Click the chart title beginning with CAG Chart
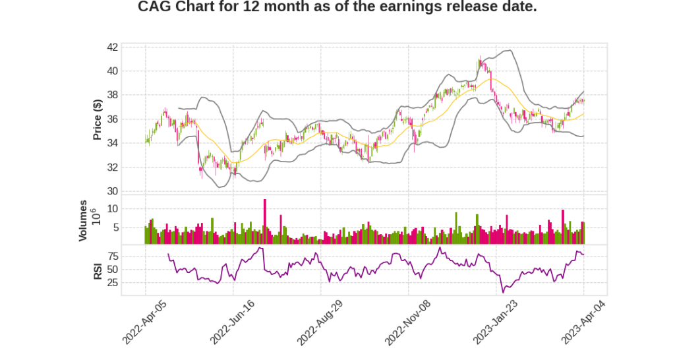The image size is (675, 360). click(337, 7)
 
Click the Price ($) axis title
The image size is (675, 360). click(97, 119)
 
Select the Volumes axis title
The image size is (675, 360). click(83, 220)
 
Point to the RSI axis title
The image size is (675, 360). click(97, 270)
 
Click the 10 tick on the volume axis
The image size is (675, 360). click(113, 208)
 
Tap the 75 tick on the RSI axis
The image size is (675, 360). click(113, 256)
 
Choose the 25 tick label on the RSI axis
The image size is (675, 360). click(113, 283)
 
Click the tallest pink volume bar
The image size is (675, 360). click(265, 222)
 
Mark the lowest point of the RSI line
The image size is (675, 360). click(503, 292)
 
